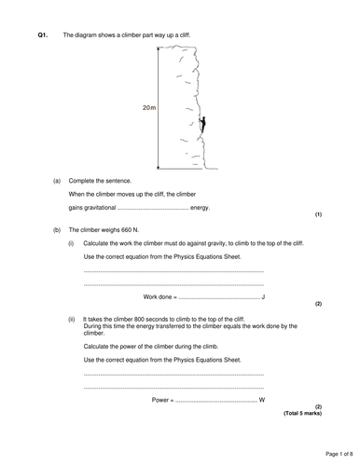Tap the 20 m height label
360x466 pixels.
(x=148, y=109)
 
